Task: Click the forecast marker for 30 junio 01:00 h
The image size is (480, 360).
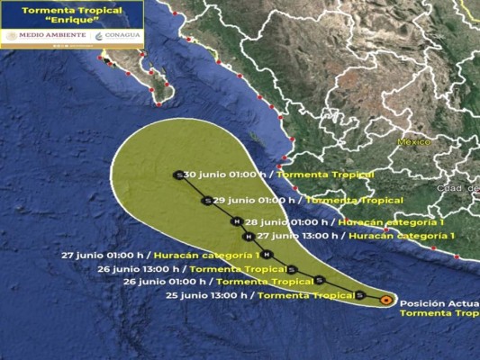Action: click(179, 175)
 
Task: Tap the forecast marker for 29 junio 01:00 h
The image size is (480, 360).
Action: click(207, 201)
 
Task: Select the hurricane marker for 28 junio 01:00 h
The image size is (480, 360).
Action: click(237, 221)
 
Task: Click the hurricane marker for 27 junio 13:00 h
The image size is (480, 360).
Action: click(248, 237)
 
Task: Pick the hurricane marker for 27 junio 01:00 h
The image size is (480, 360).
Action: click(267, 255)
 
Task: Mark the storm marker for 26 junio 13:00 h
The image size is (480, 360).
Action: click(292, 269)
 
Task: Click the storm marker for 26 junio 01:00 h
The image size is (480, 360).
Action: click(319, 282)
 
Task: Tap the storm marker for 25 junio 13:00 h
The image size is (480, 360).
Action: click(359, 295)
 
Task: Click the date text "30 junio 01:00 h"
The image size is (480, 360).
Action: click(228, 175)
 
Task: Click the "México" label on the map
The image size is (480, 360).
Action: click(416, 142)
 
